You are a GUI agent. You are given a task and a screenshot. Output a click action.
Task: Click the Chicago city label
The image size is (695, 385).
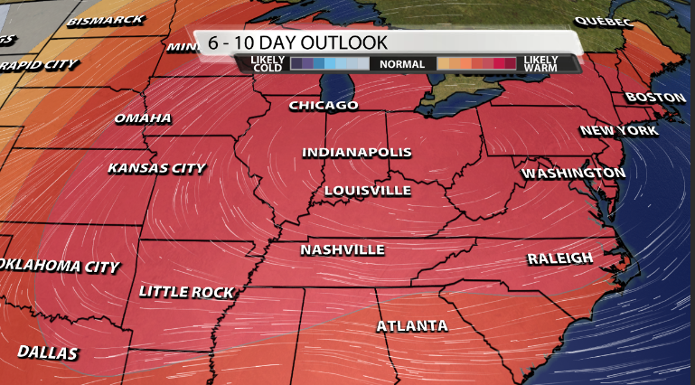click(324, 106)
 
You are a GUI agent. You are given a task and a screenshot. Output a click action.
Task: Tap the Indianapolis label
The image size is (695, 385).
click(356, 152)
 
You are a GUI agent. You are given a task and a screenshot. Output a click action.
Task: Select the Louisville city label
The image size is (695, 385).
click(367, 191)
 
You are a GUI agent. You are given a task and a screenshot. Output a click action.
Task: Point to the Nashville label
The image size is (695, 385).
click(343, 249)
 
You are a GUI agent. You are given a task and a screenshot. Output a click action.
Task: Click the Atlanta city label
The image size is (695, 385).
click(412, 325)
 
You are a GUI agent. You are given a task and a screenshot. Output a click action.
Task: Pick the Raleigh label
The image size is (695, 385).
click(560, 259)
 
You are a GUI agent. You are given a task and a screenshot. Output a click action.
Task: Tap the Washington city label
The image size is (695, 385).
click(573, 173)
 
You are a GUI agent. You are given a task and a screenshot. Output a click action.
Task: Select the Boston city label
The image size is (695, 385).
click(650, 97)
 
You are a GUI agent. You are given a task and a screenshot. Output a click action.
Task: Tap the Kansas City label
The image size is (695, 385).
click(156, 168)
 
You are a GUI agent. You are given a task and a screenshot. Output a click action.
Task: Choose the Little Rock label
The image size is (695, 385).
click(186, 292)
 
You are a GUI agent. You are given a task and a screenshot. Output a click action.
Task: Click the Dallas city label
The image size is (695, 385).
click(46, 352)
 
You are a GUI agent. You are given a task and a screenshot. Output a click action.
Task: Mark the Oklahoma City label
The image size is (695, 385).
click(60, 267)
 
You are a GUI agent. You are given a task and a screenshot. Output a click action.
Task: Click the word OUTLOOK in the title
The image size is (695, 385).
click(340, 42)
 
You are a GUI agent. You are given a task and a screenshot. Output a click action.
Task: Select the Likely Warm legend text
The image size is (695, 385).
click(540, 64)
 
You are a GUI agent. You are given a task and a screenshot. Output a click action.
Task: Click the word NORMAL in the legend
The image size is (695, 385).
click(402, 64)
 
